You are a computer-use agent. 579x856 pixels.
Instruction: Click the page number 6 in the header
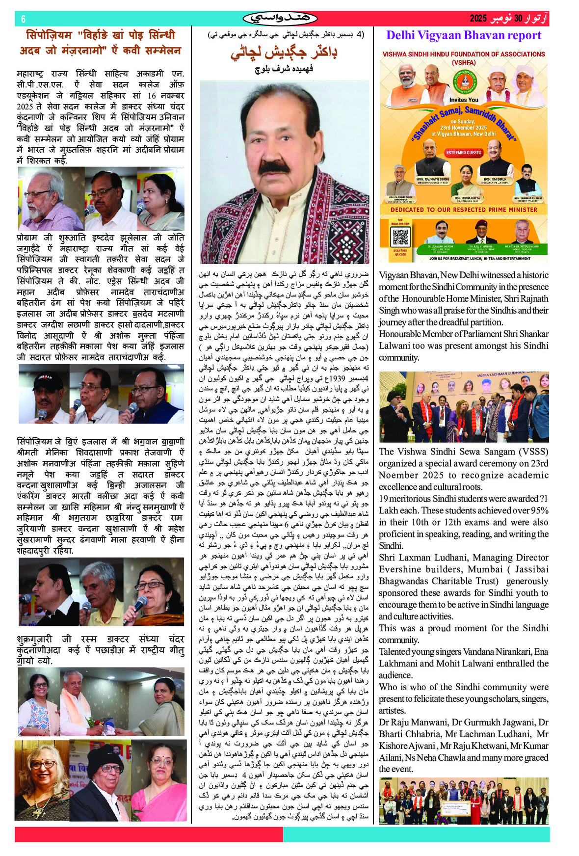coord(23,19)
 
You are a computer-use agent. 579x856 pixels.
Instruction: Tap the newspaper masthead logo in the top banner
coord(280,19)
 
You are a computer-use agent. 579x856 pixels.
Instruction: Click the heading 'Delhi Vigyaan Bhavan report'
coord(463,35)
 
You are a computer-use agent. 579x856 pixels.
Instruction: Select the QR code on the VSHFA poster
coord(400,238)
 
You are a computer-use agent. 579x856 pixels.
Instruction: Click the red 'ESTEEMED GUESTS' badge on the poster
coord(463,153)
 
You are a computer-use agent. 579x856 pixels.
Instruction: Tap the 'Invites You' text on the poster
coord(463,100)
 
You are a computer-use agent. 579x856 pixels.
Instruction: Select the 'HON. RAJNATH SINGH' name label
coord(432,180)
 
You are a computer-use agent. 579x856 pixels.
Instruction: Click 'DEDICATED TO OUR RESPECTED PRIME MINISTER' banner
coord(463,210)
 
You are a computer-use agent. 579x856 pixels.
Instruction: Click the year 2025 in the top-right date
coord(477,19)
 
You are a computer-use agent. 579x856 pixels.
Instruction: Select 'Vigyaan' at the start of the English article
coord(396,275)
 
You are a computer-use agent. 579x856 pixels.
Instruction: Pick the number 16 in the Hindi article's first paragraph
coord(152,96)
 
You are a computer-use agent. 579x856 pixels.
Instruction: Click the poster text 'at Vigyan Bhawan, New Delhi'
coord(463,134)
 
